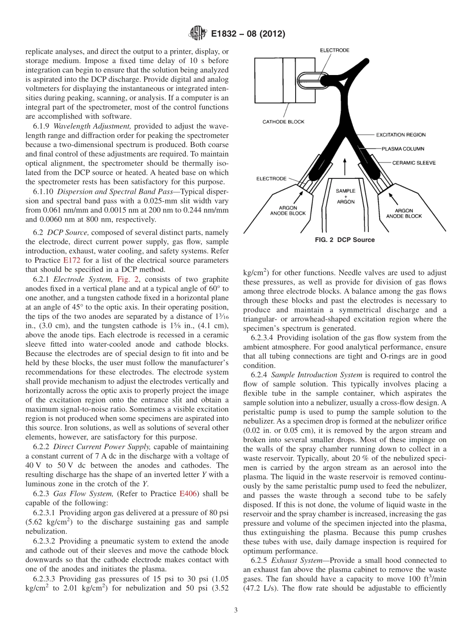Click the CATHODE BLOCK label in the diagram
pos(284,122)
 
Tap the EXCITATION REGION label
pos(400,135)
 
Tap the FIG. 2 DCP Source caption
pos(344,239)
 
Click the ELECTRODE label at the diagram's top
pos(334,50)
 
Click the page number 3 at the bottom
pos(236,610)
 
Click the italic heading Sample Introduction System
pos(310,375)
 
